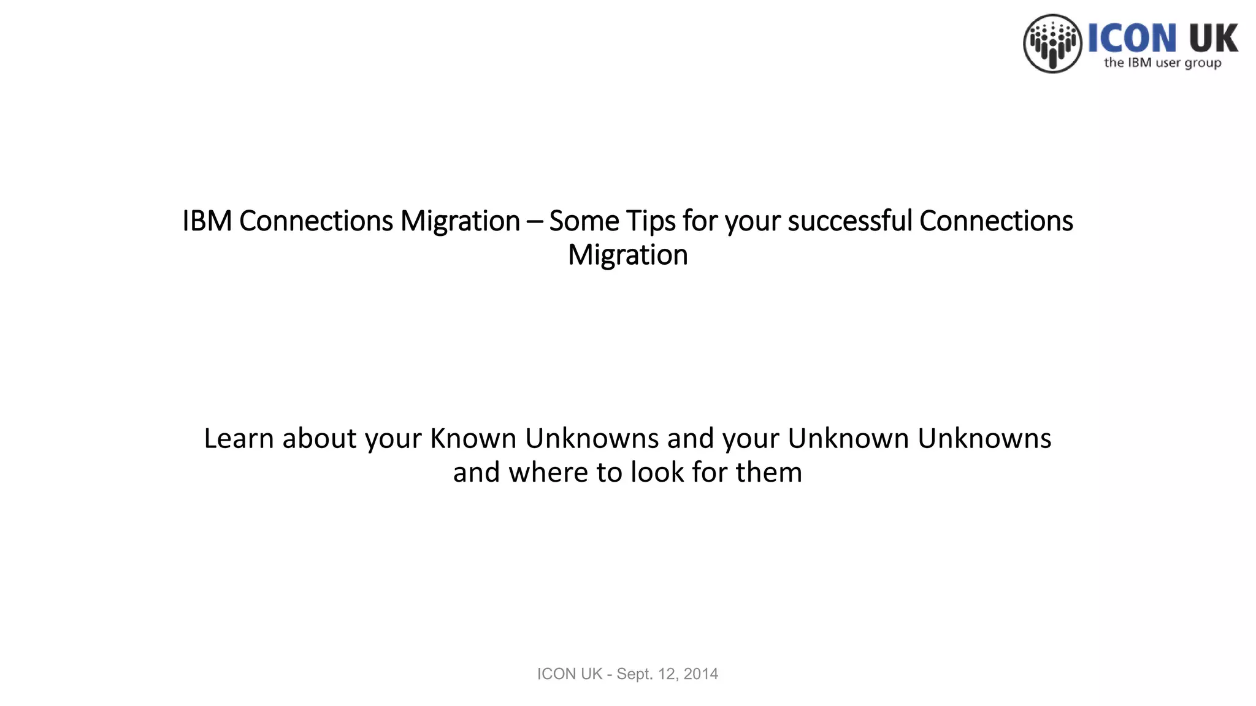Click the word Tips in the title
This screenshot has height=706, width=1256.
click(650, 221)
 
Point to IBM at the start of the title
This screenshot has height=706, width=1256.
click(207, 221)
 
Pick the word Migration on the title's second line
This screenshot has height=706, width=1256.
click(627, 256)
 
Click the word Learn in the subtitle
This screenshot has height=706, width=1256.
click(239, 439)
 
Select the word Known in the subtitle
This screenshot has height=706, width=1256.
click(473, 439)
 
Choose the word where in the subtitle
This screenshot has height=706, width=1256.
click(549, 473)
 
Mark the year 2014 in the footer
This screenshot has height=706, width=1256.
click(700, 674)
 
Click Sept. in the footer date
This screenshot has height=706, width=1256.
click(634, 674)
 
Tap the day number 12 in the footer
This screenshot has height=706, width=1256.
click(667, 674)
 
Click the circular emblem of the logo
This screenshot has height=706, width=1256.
click(1052, 44)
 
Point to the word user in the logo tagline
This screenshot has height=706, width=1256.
click(1168, 63)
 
